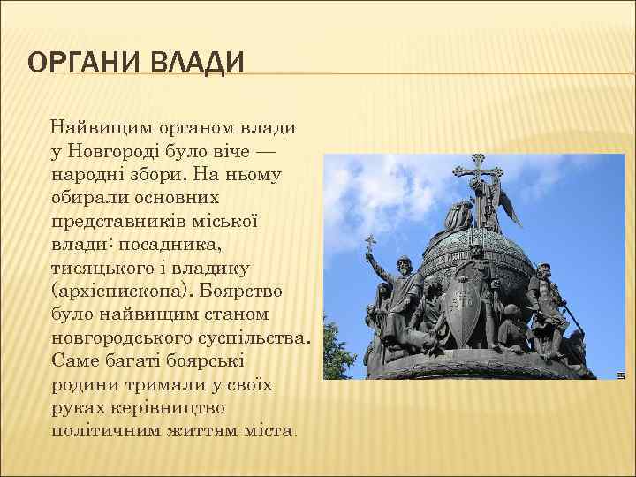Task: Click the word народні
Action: click(x=87, y=174)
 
